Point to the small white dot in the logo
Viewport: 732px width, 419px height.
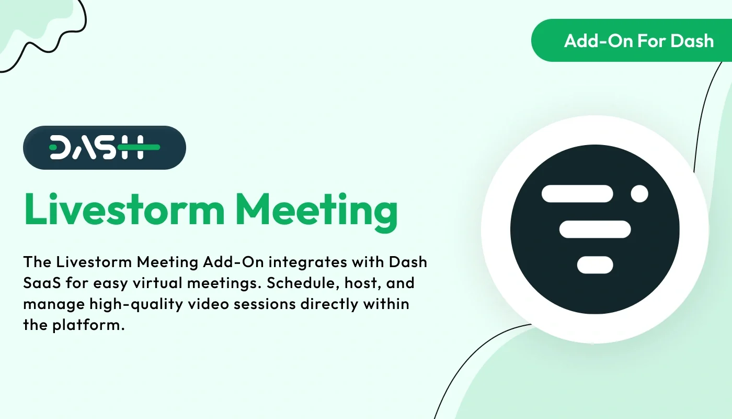coord(639,194)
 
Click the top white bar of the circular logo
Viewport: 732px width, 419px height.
coord(577,194)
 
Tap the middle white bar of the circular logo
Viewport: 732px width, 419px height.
coord(595,229)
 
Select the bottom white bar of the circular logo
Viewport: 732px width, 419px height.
coord(595,264)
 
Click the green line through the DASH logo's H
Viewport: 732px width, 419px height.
coord(139,147)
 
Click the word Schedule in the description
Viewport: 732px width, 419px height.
coord(296,283)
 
